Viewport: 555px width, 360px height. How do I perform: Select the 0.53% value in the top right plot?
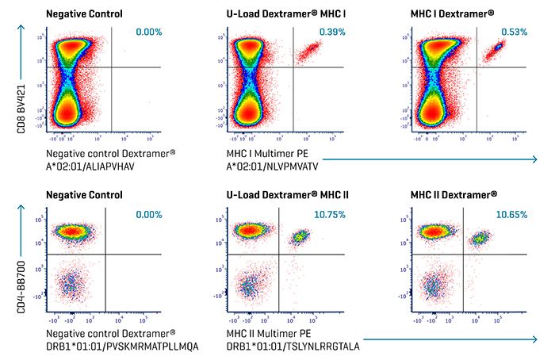coord(515,32)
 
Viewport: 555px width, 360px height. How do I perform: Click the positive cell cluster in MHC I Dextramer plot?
coord(498,50)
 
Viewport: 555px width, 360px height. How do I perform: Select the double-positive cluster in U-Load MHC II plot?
coord(300,236)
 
